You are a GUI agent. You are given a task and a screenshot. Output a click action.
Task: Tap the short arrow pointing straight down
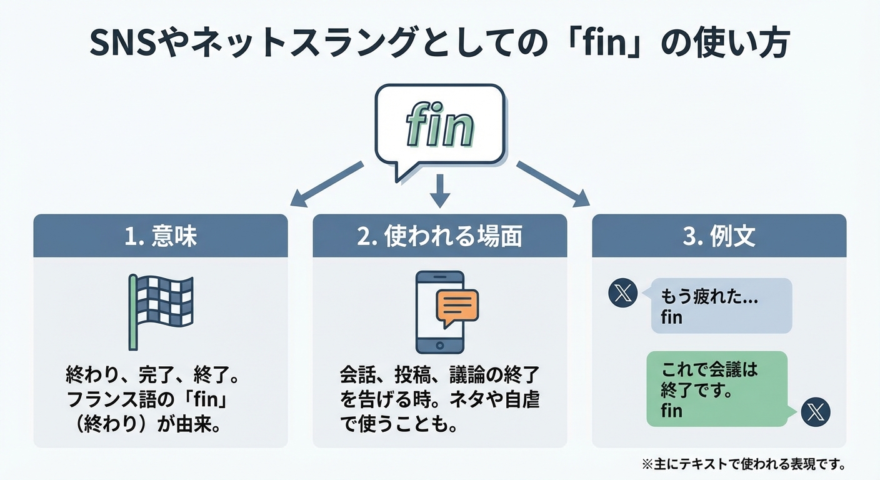pyautogui.click(x=440, y=190)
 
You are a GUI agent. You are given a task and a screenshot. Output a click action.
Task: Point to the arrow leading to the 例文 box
pyautogui.click(x=552, y=184)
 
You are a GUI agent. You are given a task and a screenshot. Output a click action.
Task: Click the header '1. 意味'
pyautogui.click(x=161, y=236)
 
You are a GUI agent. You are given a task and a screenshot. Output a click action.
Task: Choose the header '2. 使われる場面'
pyautogui.click(x=439, y=236)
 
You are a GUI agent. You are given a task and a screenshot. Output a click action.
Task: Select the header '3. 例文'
pyautogui.click(x=719, y=236)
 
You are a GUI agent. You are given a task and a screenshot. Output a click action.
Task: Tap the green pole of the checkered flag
pyautogui.click(x=132, y=312)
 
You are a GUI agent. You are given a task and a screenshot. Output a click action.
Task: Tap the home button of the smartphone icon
pyautogui.click(x=440, y=345)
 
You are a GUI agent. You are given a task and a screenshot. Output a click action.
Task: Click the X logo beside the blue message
pyautogui.click(x=622, y=294)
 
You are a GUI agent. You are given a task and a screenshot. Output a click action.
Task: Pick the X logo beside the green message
pyautogui.click(x=816, y=412)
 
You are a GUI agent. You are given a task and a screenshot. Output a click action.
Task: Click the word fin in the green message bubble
pyautogui.click(x=671, y=411)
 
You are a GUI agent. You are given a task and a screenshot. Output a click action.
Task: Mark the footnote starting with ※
pyautogui.click(x=744, y=464)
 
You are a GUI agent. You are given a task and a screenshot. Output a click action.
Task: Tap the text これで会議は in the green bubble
pyautogui.click(x=709, y=369)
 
